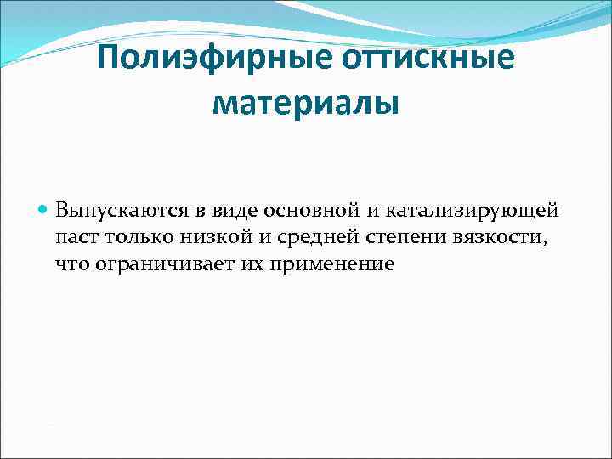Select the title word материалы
click(x=305, y=104)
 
